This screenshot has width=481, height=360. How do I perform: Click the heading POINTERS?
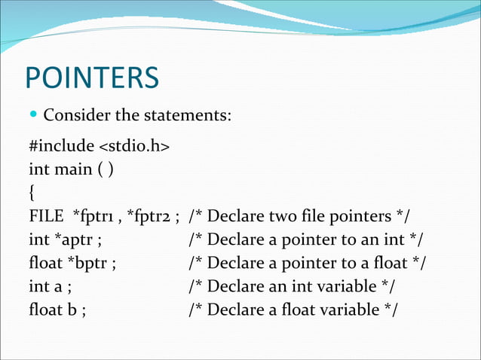92,78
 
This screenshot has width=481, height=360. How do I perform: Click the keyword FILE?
44,216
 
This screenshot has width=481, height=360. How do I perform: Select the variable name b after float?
72,310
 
